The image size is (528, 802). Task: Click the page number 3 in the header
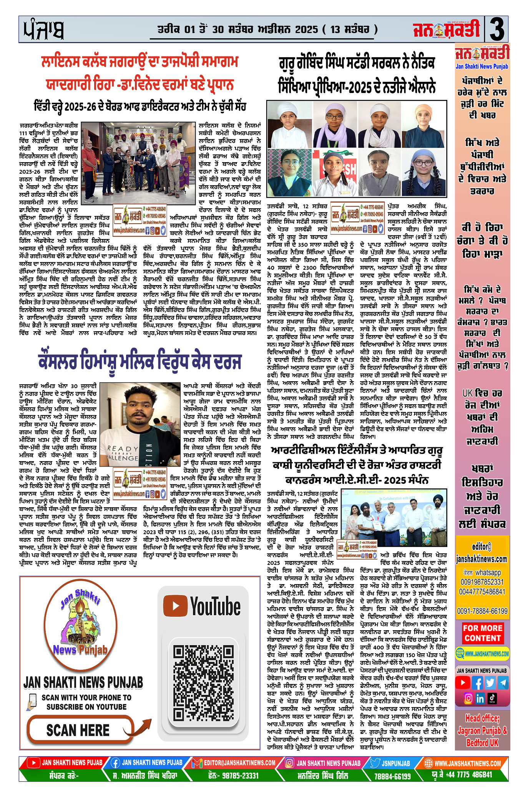pyautogui.click(x=496, y=29)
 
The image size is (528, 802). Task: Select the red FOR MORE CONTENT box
pyautogui.click(x=483, y=633)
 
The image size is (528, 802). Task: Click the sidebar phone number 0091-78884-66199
pyautogui.click(x=482, y=611)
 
